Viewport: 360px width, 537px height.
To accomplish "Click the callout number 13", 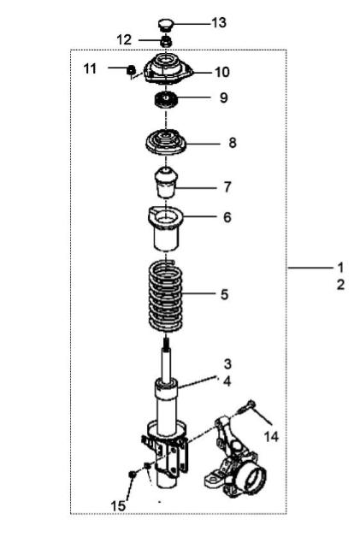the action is click(x=219, y=23).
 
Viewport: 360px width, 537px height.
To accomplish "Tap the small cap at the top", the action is click(x=165, y=26).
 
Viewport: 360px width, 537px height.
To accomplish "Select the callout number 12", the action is click(x=124, y=39).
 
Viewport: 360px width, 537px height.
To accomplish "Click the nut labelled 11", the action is click(x=131, y=69).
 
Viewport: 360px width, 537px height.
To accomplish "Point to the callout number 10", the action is click(x=222, y=73).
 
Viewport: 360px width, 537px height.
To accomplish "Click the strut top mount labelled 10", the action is click(x=167, y=68).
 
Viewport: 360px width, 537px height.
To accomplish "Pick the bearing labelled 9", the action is click(x=165, y=100).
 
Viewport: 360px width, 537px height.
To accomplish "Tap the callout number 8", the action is click(x=233, y=143).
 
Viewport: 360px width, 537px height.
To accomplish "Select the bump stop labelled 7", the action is click(x=166, y=182).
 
